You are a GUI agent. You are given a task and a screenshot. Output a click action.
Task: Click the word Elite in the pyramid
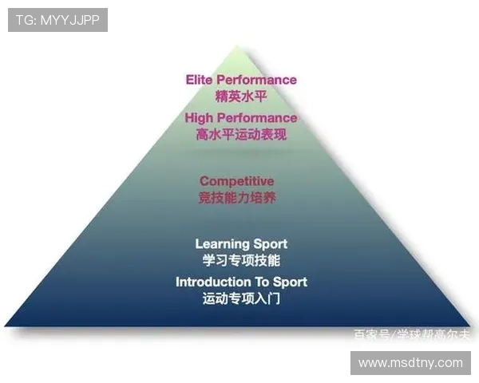[x=199, y=80]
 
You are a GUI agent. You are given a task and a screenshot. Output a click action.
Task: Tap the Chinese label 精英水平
[x=240, y=97]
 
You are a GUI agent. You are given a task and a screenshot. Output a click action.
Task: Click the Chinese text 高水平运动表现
[x=240, y=135]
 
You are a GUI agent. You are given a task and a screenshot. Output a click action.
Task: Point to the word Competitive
[x=237, y=181]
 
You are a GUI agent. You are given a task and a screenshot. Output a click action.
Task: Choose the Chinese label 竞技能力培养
[x=237, y=198]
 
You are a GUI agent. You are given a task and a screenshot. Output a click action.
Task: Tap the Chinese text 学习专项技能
[x=241, y=260]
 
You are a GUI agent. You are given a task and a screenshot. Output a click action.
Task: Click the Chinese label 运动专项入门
[x=241, y=299]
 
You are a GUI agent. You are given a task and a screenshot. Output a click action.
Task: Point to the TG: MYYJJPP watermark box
[x=57, y=20]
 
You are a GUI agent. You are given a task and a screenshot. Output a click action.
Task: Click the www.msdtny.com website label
[x=410, y=363]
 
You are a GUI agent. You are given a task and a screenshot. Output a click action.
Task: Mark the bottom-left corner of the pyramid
[x=6, y=325]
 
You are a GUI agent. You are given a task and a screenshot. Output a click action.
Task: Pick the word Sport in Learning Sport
[x=269, y=243]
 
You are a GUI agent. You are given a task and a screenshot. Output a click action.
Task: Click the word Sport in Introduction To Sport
[x=291, y=282]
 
